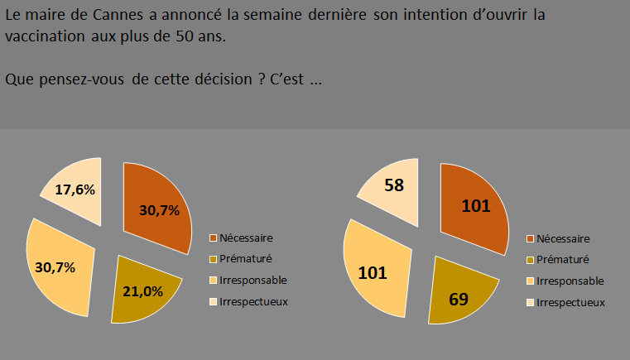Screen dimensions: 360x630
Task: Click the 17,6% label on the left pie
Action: pos(75,190)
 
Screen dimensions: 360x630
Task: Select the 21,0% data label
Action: pos(142,290)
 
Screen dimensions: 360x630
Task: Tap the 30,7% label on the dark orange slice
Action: pos(160,210)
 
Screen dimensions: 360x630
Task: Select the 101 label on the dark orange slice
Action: pos(476,205)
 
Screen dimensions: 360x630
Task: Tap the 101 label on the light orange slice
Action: pos(373,271)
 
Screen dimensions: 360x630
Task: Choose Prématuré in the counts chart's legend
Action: pos(563,259)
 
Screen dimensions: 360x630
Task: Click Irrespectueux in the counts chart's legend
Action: pos(571,302)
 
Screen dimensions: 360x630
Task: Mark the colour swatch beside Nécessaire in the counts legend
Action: pos(529,238)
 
